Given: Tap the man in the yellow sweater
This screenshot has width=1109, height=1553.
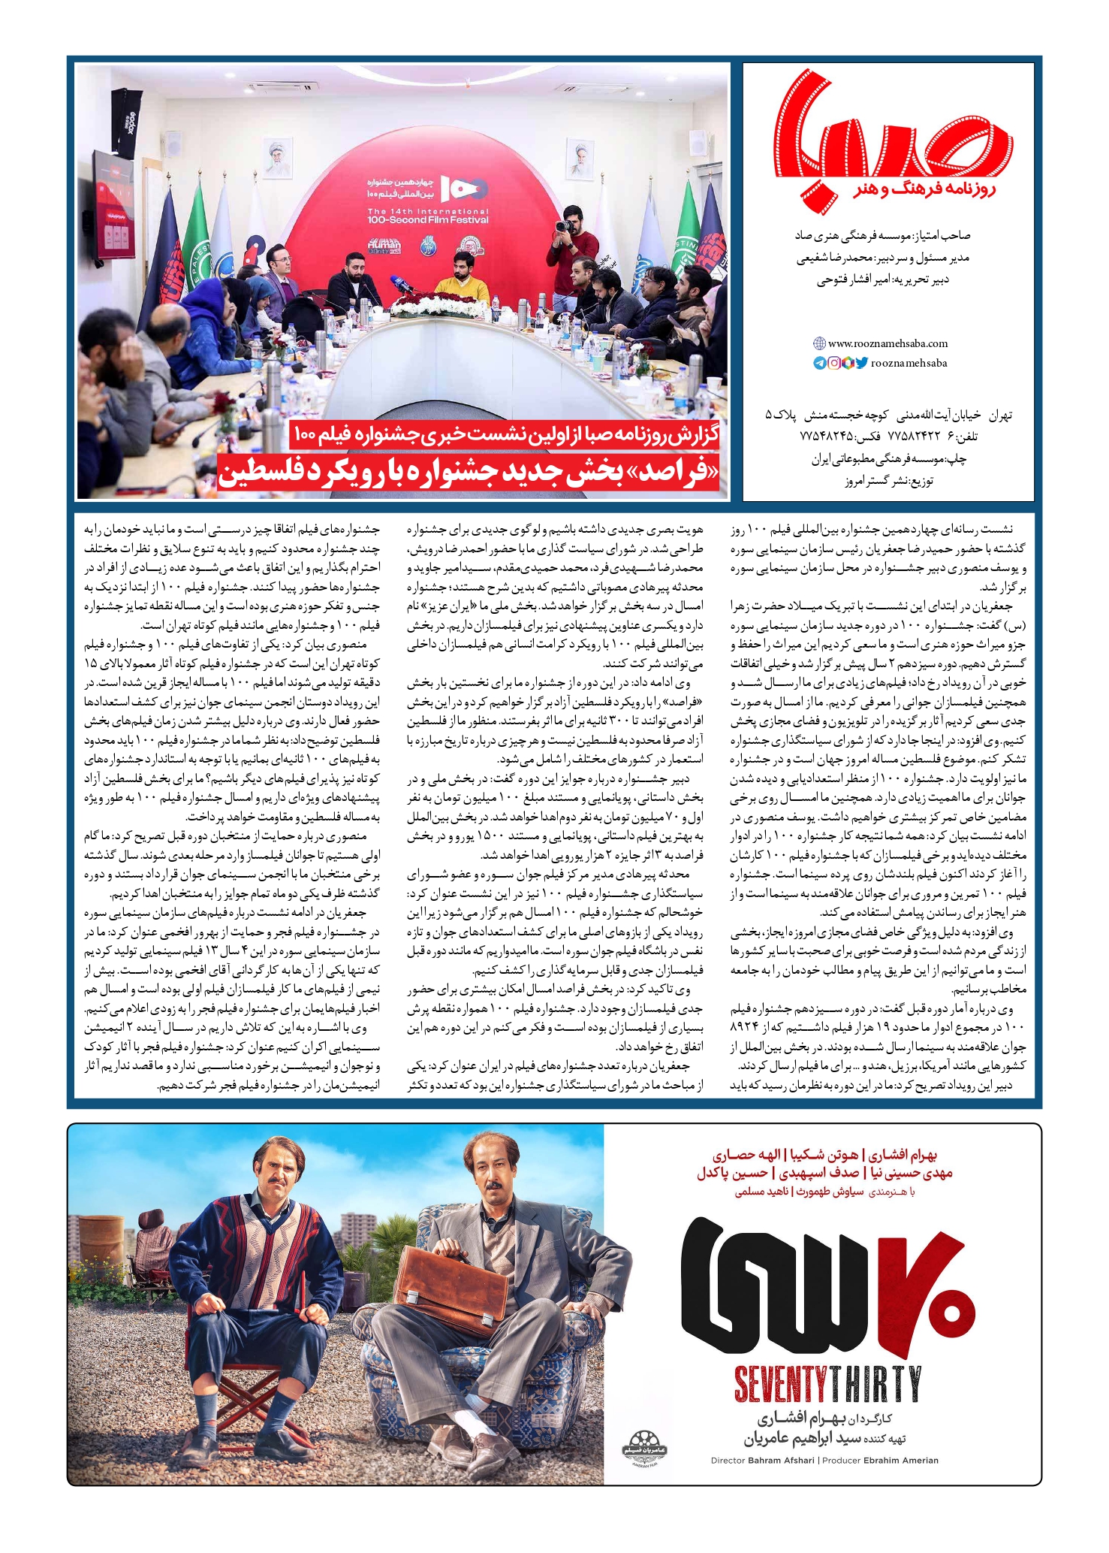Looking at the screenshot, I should pyautogui.click(x=461, y=282).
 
